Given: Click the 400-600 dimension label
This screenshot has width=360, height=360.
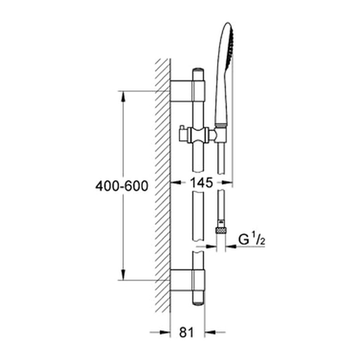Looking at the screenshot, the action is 122,186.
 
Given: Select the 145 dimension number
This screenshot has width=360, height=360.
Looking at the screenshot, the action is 201,183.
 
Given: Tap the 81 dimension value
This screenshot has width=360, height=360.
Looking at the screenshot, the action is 186,332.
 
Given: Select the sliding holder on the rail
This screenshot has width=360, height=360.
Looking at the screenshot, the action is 198,135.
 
